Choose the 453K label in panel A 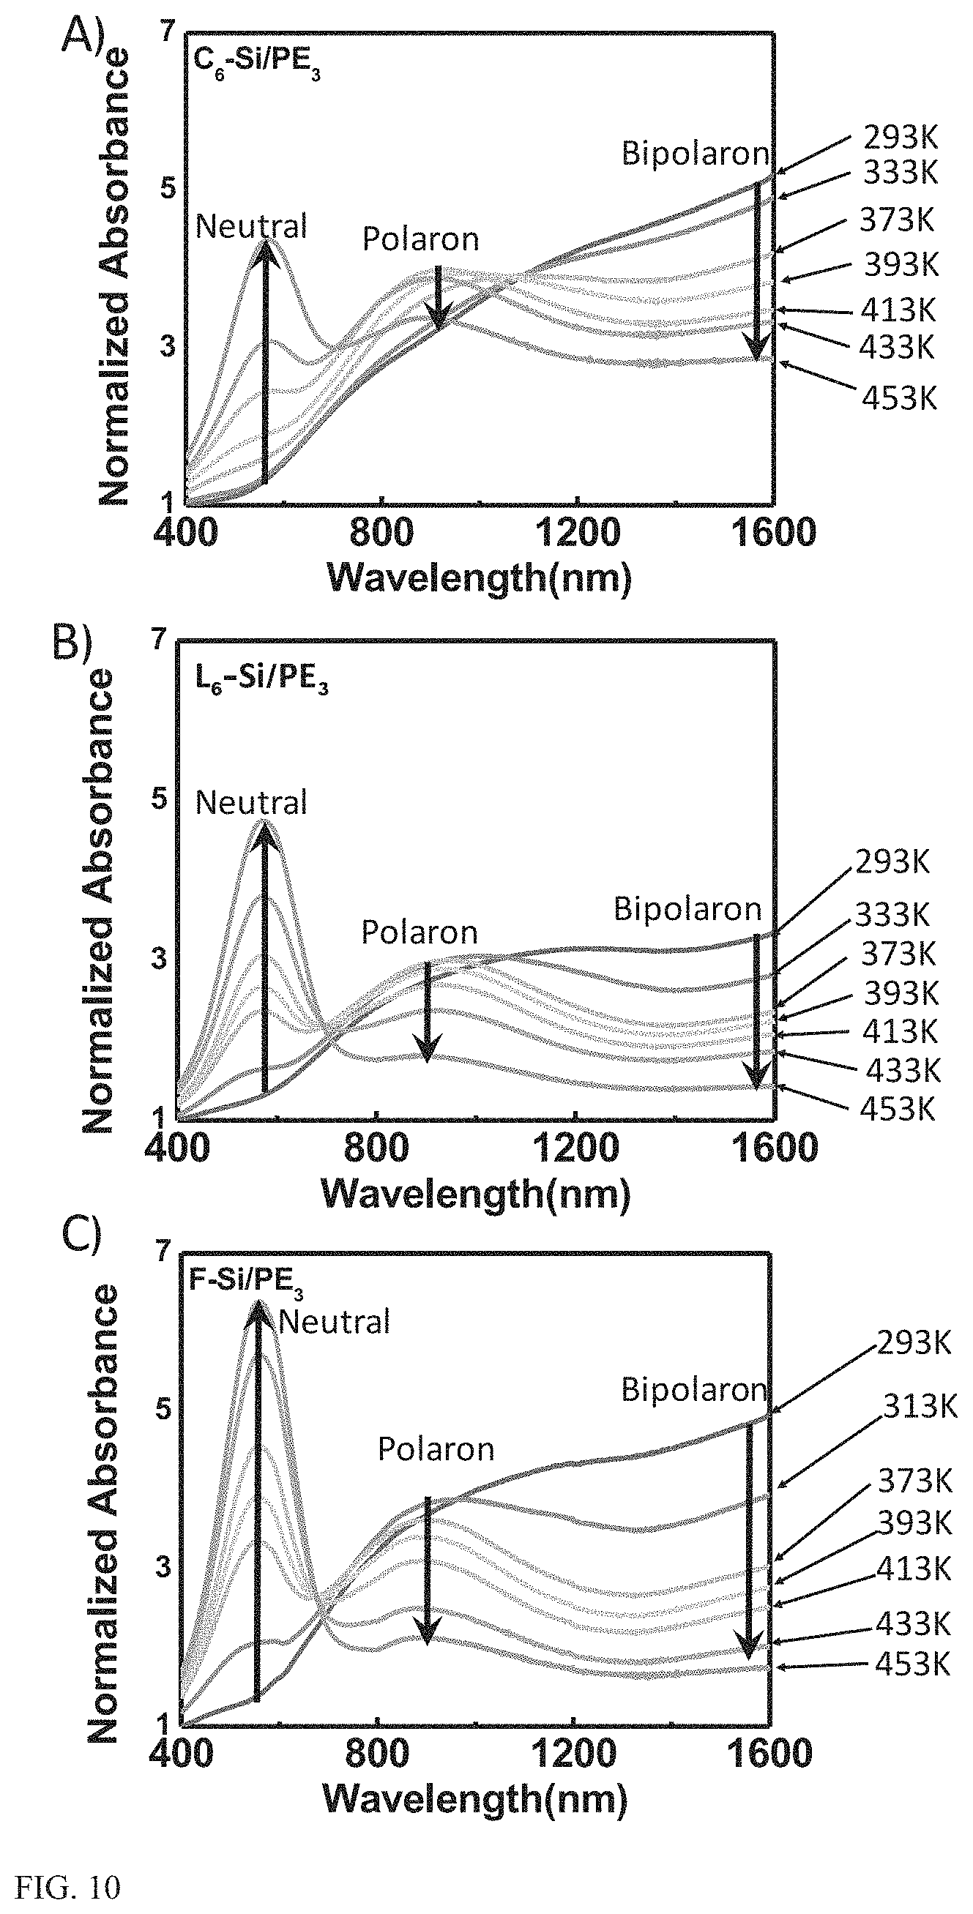point(898,399)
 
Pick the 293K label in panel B point(892,863)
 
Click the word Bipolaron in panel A point(695,154)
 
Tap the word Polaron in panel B point(420,932)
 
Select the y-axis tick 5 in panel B point(159,800)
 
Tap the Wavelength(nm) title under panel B point(476,1194)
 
